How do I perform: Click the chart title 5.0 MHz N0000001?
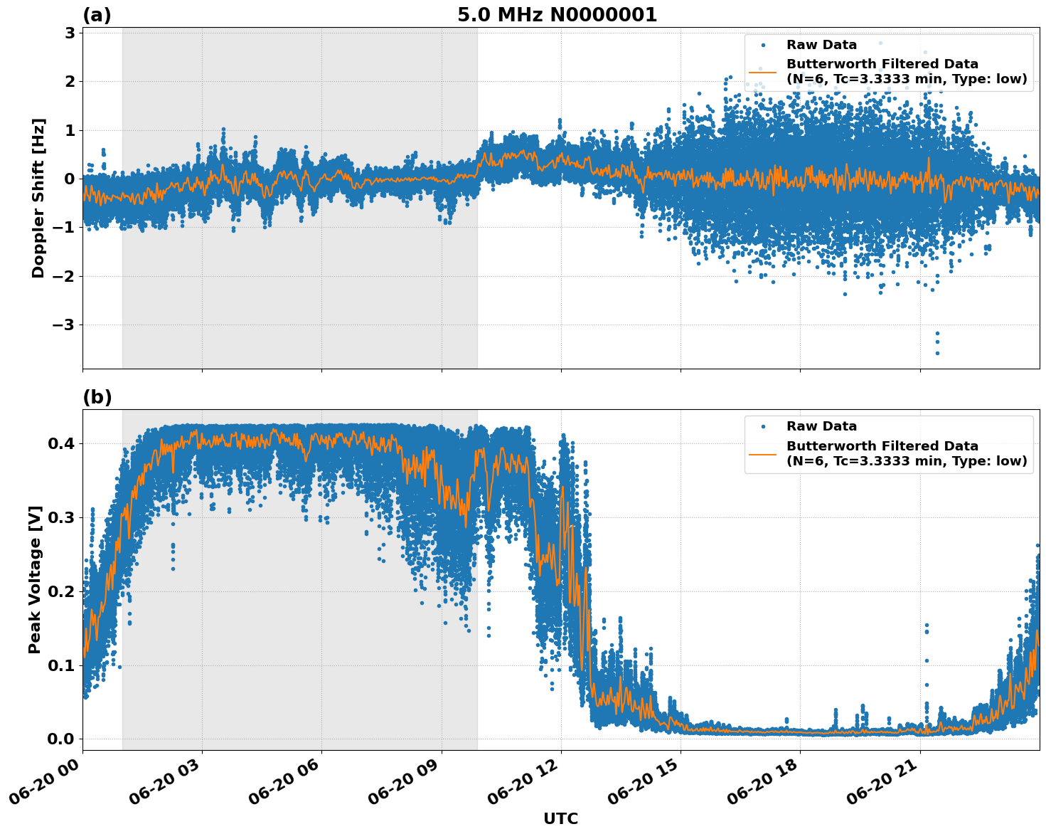tap(557, 15)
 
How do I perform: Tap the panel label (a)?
tap(97, 15)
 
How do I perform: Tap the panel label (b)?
tap(97, 397)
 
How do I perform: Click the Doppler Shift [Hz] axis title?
tap(38, 198)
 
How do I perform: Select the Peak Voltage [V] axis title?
tap(35, 579)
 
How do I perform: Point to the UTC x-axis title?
tap(560, 818)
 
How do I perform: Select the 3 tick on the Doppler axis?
tap(70, 33)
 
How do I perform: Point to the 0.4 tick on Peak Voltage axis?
tap(60, 443)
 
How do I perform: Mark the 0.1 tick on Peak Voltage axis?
tap(60, 665)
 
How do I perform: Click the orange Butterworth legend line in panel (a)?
tap(765, 72)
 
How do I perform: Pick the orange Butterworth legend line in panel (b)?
tap(765, 453)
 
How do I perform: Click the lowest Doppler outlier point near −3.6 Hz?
tap(937, 353)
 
